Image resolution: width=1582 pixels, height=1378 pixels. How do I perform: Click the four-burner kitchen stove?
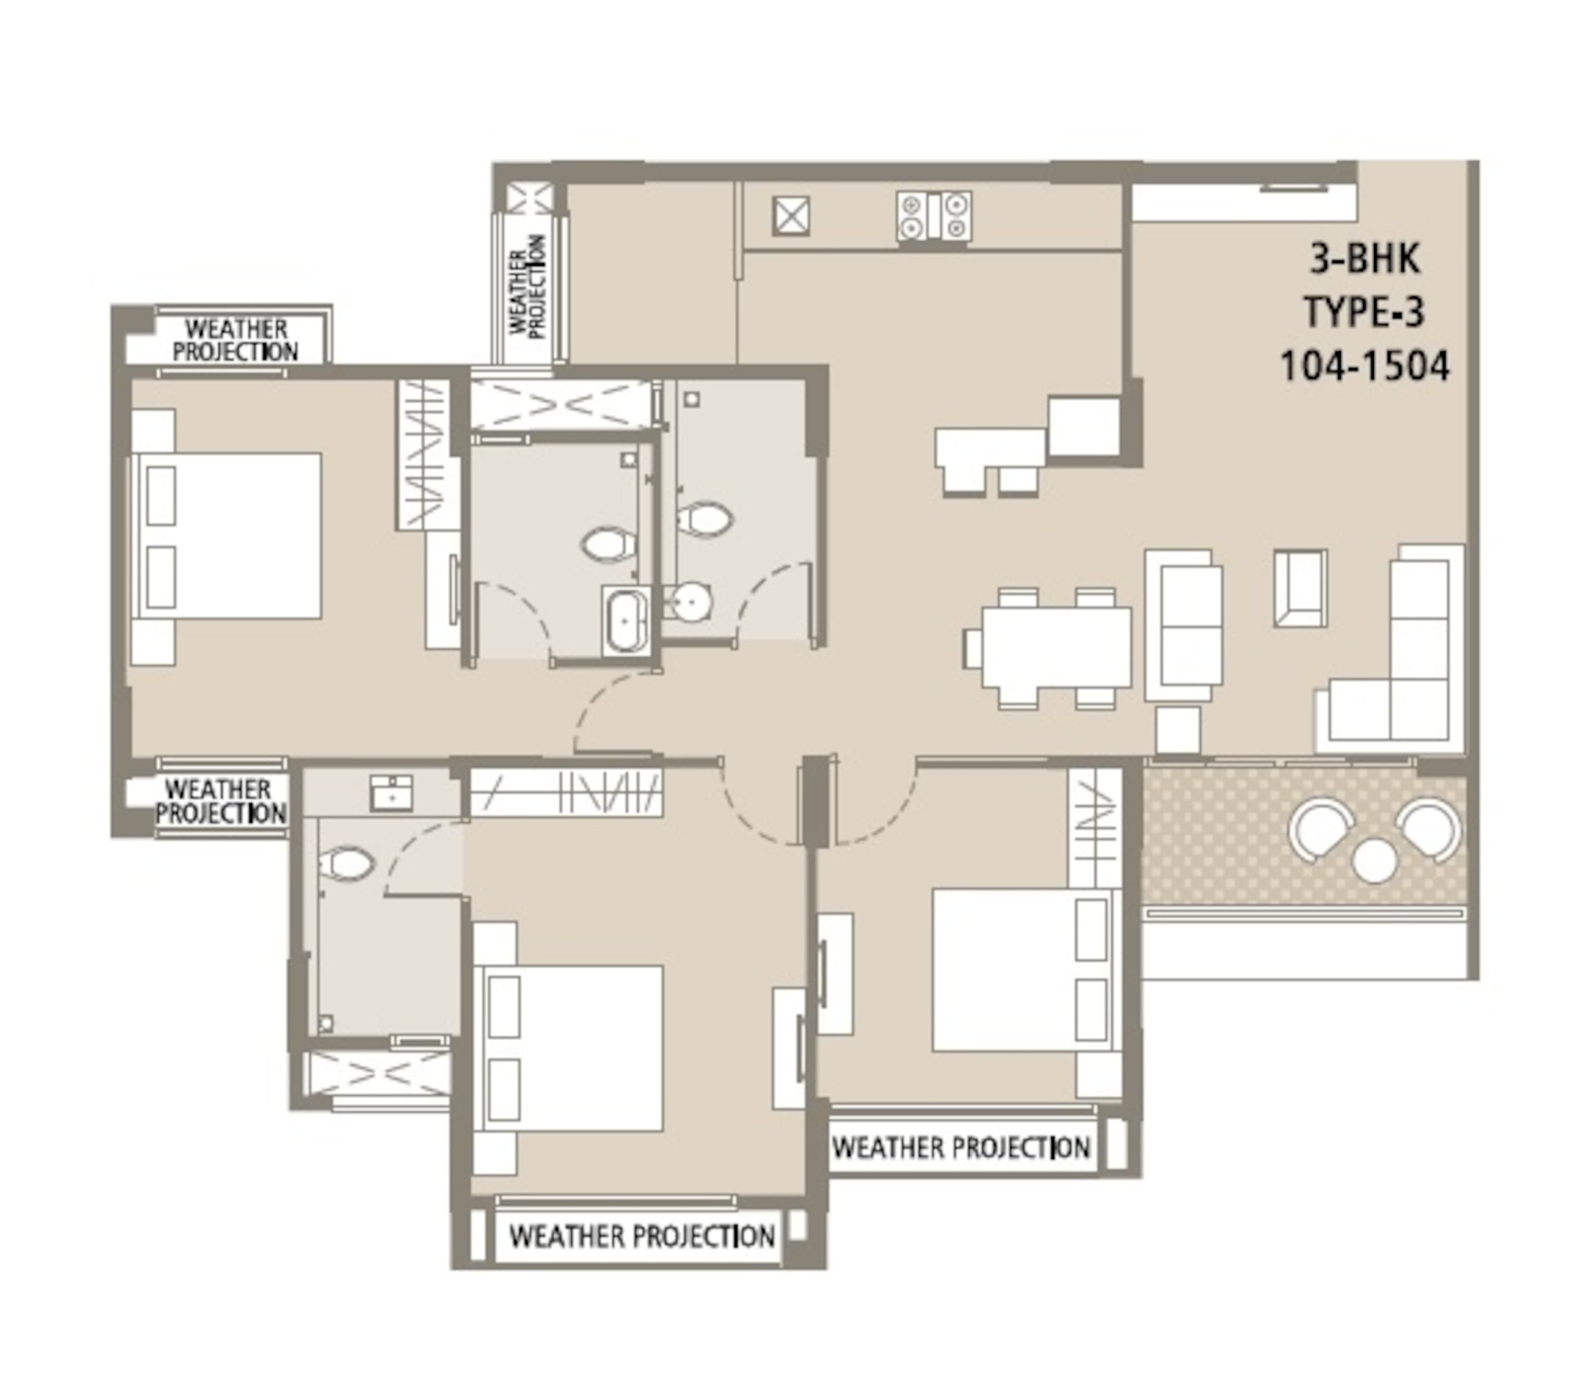click(933, 216)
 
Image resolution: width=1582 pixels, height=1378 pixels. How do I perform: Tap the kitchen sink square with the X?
click(790, 215)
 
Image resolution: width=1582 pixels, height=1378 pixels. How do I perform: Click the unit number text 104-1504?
click(1364, 365)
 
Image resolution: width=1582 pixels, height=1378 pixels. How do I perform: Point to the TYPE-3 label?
click(1364, 312)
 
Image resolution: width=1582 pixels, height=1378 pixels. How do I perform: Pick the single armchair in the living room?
click(1300, 587)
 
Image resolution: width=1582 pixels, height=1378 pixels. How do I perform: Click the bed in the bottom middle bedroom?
click(568, 1049)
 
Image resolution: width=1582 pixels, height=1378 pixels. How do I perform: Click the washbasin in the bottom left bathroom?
click(391, 793)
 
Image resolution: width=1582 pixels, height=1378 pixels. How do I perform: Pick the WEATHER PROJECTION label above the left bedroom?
click(235, 340)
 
